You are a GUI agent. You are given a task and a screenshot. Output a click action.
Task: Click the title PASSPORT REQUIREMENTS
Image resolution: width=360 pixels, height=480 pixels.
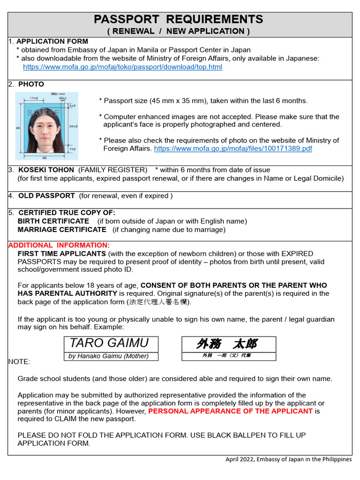coord(179,19)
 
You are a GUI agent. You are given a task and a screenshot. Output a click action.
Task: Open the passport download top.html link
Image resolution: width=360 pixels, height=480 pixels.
coord(122,67)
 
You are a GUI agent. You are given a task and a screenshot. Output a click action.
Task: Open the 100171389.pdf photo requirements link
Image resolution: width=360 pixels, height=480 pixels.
coord(233,148)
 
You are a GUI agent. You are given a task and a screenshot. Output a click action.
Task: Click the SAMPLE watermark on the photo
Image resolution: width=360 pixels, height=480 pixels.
coord(43,113)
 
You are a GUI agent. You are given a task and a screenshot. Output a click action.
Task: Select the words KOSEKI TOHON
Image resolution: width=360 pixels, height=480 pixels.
coord(46,170)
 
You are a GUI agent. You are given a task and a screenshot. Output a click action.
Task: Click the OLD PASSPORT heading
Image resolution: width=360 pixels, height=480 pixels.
coord(46,195)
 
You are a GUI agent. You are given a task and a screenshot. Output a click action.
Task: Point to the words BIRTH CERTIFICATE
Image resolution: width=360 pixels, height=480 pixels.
coord(53,221)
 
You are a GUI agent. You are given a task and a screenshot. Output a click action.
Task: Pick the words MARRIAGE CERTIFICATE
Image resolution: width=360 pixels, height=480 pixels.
coord(62,230)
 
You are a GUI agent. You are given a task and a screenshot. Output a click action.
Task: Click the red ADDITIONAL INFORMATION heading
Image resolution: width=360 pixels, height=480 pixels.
coord(59,245)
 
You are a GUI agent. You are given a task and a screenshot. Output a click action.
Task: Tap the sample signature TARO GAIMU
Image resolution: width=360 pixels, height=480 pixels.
coord(109,343)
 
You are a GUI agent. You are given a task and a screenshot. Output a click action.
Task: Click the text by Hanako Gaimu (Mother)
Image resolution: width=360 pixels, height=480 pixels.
coord(109,356)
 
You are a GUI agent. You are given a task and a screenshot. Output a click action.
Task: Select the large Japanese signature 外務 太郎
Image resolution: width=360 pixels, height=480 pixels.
coord(227,344)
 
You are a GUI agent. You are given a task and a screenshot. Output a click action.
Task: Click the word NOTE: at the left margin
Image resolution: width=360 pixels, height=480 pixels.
coord(19,362)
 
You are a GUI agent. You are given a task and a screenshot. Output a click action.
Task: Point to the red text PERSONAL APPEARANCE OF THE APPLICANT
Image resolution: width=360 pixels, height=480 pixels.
coord(230,411)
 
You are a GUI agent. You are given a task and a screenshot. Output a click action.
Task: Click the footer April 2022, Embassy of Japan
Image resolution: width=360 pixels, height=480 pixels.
coord(288,459)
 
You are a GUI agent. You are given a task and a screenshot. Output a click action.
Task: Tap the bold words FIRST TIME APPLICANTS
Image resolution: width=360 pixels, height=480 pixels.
coord(61,254)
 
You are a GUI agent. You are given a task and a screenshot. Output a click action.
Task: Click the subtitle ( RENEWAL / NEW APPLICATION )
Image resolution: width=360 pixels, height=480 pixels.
coord(179,31)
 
